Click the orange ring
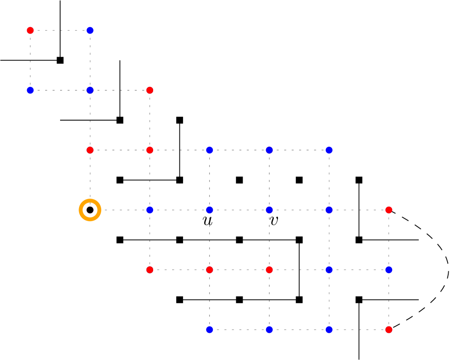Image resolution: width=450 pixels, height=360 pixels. click(90, 210)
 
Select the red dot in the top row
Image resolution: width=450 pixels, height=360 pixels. click(30, 30)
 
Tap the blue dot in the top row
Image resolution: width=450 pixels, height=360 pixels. click(90, 30)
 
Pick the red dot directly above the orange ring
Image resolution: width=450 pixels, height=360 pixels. click(90, 150)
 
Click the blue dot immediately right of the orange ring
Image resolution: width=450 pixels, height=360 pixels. click(150, 210)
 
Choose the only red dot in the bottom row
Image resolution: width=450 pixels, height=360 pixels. click(389, 330)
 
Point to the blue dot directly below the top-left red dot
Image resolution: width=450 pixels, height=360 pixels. click(30, 90)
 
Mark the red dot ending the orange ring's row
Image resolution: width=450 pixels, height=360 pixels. click(389, 210)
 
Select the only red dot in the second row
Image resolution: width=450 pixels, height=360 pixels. click(150, 90)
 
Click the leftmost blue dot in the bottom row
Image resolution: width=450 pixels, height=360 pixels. click(210, 330)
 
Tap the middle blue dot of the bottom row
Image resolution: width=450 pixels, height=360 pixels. click(269, 330)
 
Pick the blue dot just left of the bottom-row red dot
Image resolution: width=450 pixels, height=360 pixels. click(329, 330)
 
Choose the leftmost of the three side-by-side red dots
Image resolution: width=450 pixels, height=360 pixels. click(150, 270)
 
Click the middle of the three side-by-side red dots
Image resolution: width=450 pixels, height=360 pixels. click(210, 270)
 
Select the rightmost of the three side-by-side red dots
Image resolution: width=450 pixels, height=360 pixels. click(269, 270)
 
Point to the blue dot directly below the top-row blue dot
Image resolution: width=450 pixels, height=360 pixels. click(90, 90)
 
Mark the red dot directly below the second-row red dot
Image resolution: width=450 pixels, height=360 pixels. click(150, 150)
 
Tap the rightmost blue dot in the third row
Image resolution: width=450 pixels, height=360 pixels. click(329, 150)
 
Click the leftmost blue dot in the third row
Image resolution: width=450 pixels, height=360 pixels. click(210, 150)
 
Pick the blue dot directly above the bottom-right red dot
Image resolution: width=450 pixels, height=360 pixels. click(389, 270)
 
